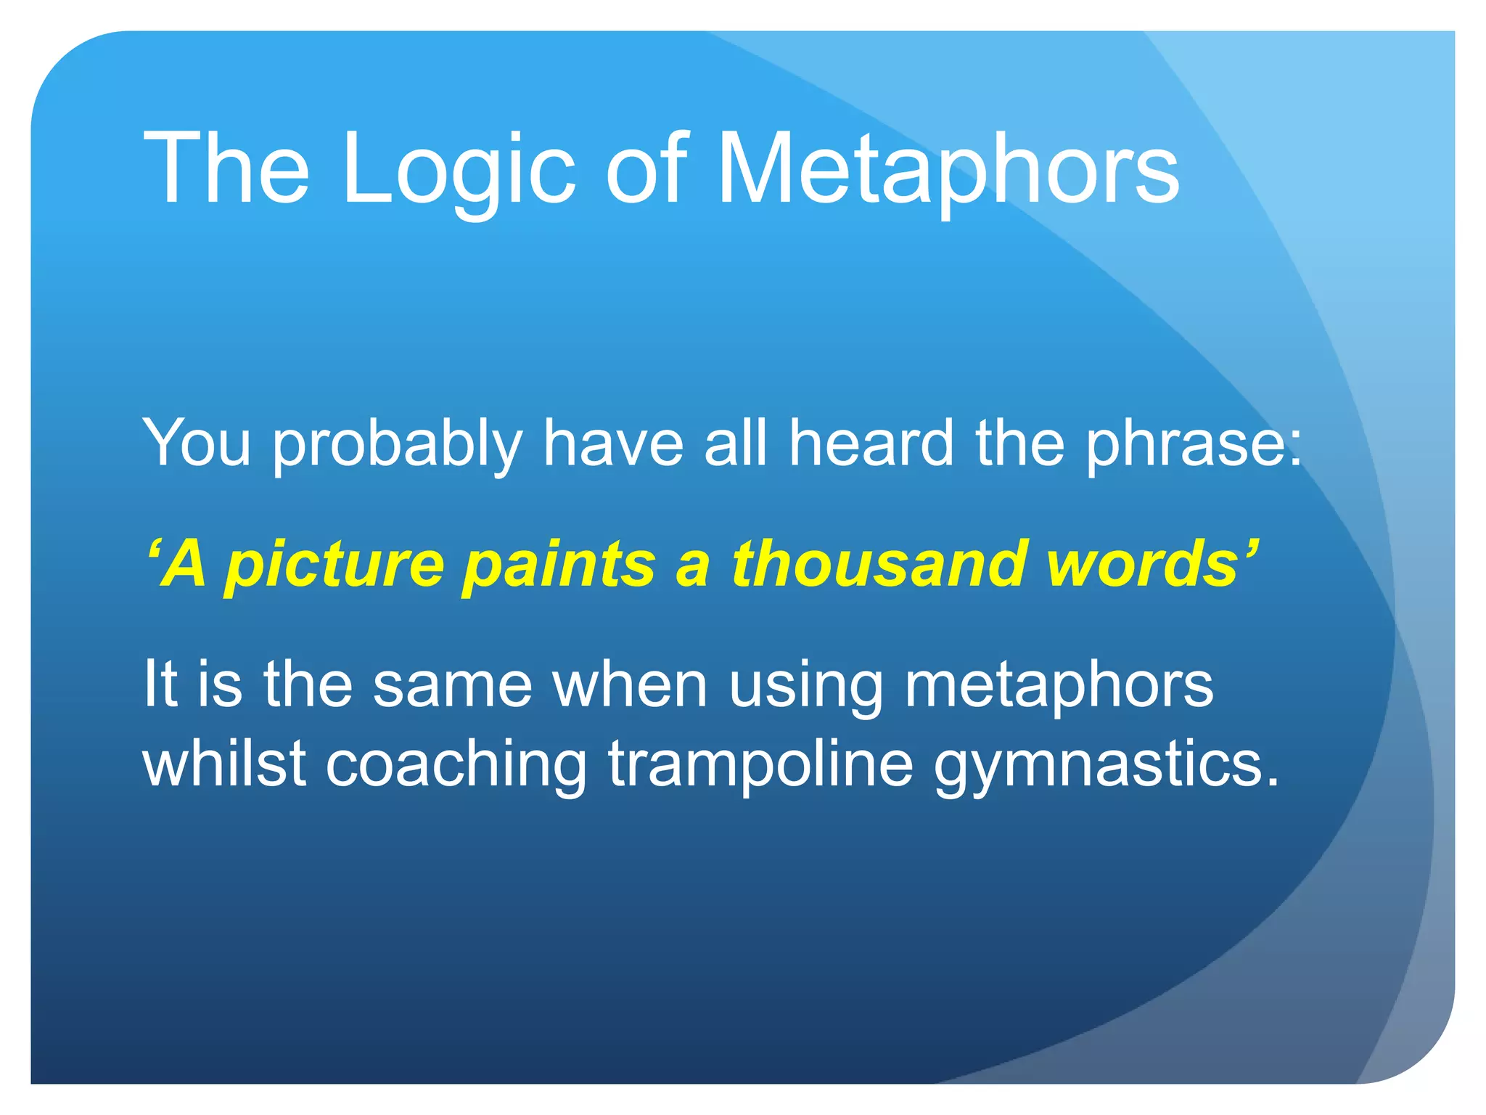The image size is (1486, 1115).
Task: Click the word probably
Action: (x=398, y=444)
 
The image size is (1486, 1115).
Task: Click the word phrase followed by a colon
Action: (x=1194, y=444)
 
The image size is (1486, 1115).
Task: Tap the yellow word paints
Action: (x=559, y=565)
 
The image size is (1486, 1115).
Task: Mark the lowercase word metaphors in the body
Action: (x=1058, y=686)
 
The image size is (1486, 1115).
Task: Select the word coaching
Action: (x=456, y=766)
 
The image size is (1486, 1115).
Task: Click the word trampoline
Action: (x=760, y=766)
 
